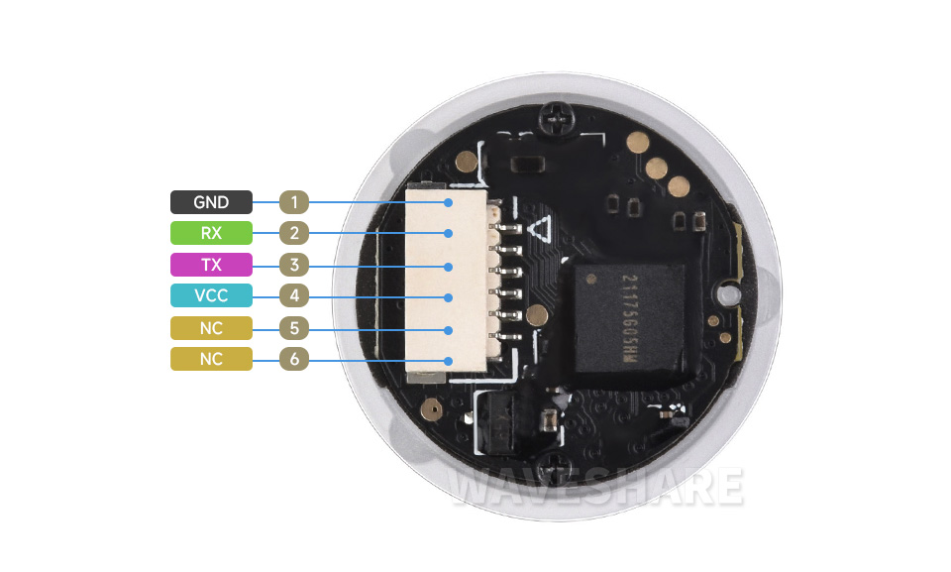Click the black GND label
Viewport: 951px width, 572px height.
pos(211,202)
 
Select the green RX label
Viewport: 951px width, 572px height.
pos(211,233)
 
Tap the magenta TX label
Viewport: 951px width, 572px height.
pos(211,265)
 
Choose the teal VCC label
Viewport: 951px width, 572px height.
pos(211,295)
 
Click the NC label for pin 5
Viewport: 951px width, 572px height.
pos(211,328)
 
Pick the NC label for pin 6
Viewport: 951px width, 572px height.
pos(211,359)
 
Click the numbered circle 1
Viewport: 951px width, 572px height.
pos(294,202)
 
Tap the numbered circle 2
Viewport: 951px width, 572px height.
pos(294,233)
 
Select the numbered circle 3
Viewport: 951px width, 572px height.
pos(294,265)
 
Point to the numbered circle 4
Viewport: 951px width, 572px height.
pos(294,295)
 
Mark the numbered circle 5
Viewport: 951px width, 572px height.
pos(294,328)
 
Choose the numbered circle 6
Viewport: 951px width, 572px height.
pos(294,359)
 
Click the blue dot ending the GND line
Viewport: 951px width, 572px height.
pos(448,203)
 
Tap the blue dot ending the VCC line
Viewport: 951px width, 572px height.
pos(448,297)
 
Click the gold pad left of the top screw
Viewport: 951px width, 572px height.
pos(467,161)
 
